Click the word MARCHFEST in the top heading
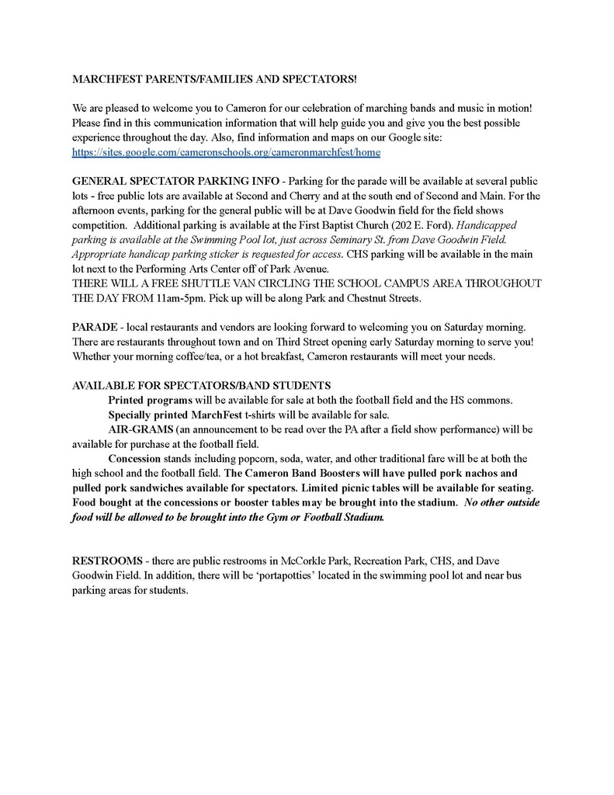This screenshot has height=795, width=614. click(x=104, y=79)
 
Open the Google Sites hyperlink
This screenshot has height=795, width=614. click(x=226, y=153)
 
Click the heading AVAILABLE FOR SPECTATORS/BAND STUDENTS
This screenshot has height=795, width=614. click(x=202, y=385)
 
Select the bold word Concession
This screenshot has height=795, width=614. click(x=134, y=458)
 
